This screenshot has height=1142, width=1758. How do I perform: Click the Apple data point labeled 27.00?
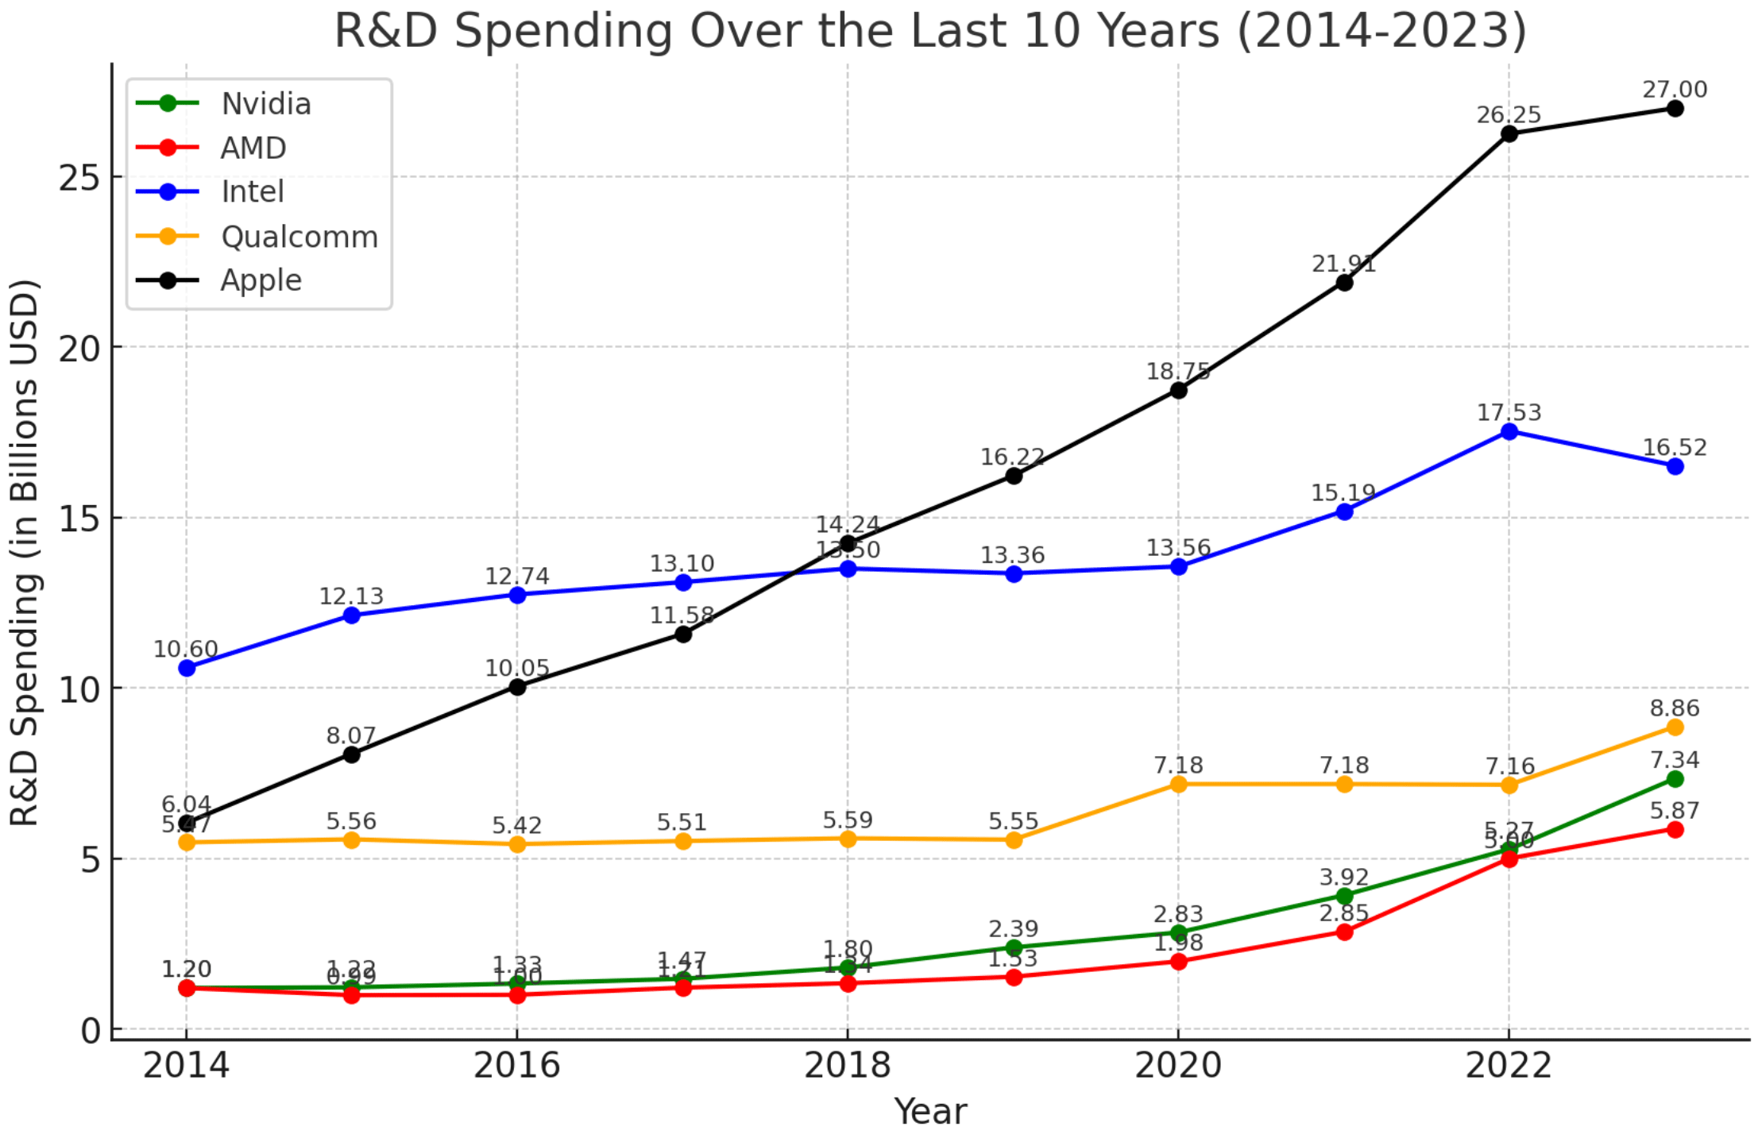pos(1675,108)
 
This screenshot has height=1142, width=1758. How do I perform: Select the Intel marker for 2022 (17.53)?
pos(1509,431)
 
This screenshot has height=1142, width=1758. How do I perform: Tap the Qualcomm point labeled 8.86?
pos(1675,727)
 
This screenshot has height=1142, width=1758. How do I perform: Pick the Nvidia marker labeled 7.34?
pos(1675,779)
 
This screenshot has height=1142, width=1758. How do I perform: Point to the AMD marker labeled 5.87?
pos(1675,829)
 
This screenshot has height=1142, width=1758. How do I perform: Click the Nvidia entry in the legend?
pos(265,104)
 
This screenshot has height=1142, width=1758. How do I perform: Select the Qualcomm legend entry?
pos(299,237)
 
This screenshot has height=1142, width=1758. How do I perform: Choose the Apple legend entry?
pos(261,280)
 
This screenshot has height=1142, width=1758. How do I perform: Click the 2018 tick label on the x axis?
pos(848,1065)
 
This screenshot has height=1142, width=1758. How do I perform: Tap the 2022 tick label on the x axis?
pos(1509,1065)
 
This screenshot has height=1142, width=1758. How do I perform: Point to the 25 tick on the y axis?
pos(79,177)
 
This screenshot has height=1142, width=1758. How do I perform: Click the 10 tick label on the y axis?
pos(79,689)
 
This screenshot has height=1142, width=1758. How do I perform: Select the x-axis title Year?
pos(930,1111)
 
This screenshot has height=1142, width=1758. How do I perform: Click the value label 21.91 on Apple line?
pos(1343,264)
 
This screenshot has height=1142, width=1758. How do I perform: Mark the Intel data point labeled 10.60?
pos(187,668)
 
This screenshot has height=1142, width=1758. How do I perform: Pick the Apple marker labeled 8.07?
pos(352,754)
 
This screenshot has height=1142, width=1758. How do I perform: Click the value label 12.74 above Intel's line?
pos(517,576)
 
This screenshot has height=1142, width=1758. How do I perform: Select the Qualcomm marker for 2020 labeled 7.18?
pos(1179,784)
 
